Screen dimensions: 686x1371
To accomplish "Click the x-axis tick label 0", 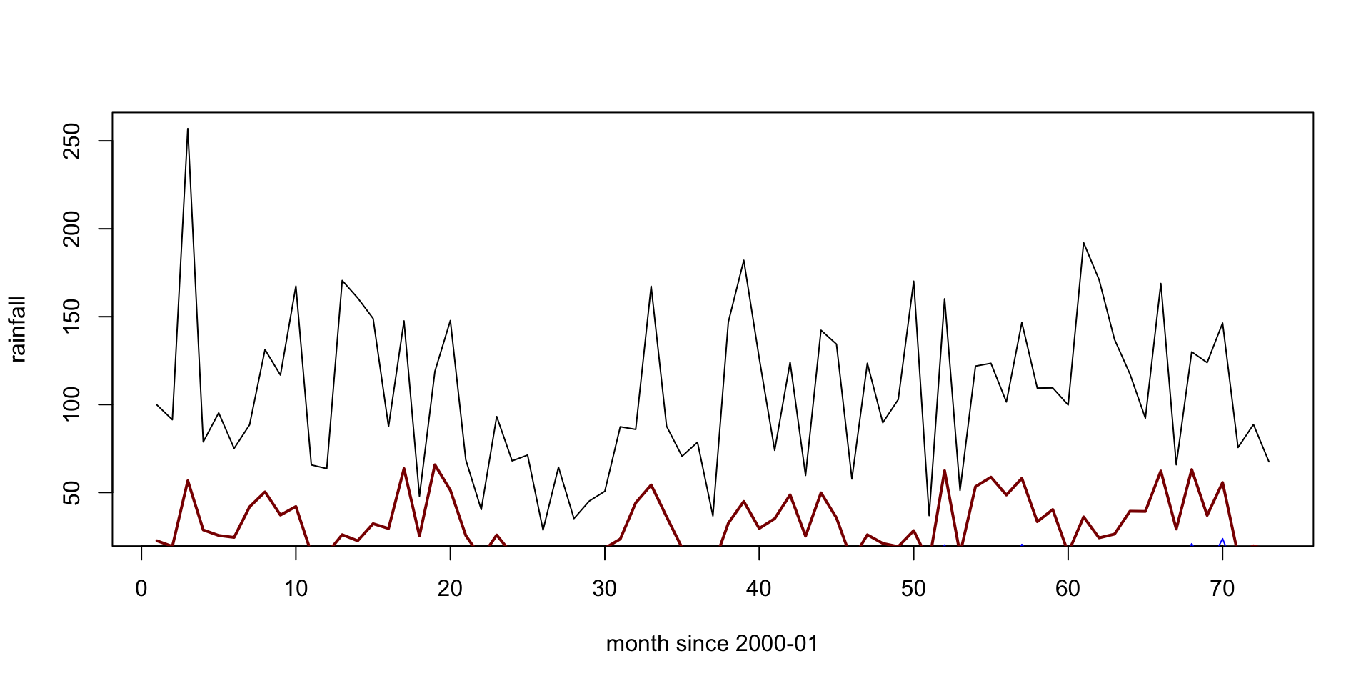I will [141, 589].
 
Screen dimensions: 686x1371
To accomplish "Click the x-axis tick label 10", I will [296, 589].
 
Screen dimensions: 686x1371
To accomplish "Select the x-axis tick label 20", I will [450, 589].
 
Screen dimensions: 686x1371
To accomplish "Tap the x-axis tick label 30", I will [605, 589].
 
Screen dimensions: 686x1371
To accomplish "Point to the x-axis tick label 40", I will [759, 589].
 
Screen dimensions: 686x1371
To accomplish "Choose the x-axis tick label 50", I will [913, 589].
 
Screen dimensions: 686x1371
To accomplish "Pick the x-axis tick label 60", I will [1068, 589].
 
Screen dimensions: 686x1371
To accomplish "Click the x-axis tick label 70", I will [1222, 589].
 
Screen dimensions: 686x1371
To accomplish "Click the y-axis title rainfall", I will [18, 329].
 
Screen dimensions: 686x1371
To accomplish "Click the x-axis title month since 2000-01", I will [712, 644].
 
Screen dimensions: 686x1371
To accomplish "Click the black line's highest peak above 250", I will [188, 129].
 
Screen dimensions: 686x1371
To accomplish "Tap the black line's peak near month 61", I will [1083, 243].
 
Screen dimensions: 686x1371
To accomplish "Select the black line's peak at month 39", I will [744, 260].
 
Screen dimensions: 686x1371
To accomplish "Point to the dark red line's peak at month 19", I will [435, 464].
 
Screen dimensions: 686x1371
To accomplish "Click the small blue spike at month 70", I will [1222, 540].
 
